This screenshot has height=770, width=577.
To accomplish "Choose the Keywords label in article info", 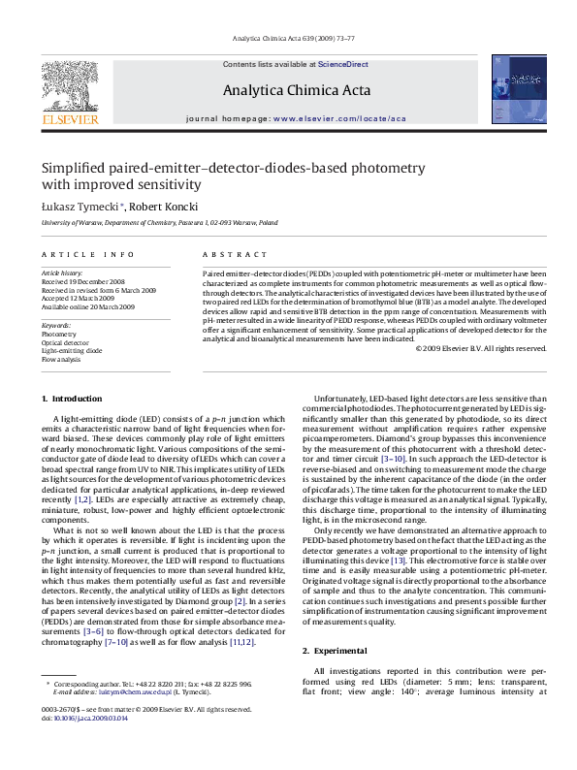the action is coord(56,324).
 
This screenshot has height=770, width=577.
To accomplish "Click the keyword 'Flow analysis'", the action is coord(61,359).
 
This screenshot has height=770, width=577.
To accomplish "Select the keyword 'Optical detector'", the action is coord(64,341).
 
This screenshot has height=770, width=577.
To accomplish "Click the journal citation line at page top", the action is coord(288,40).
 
